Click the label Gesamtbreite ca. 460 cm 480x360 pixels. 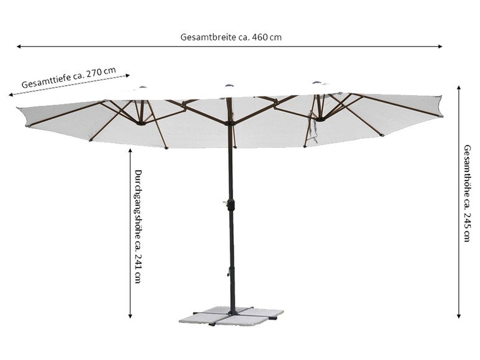click(x=231, y=37)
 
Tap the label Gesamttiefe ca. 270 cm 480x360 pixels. click(x=68, y=78)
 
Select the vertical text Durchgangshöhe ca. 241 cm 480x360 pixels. click(x=138, y=226)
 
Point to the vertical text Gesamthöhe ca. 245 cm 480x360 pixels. click(x=467, y=193)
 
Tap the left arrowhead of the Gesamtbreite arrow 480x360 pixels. click(x=19, y=46)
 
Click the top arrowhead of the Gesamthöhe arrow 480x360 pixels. click(x=459, y=88)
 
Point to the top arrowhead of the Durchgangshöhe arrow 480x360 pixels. click(x=130, y=150)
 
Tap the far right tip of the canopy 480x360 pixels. click(x=441, y=98)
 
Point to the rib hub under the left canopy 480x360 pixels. click(x=142, y=122)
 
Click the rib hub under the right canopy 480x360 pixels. click(x=320, y=118)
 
